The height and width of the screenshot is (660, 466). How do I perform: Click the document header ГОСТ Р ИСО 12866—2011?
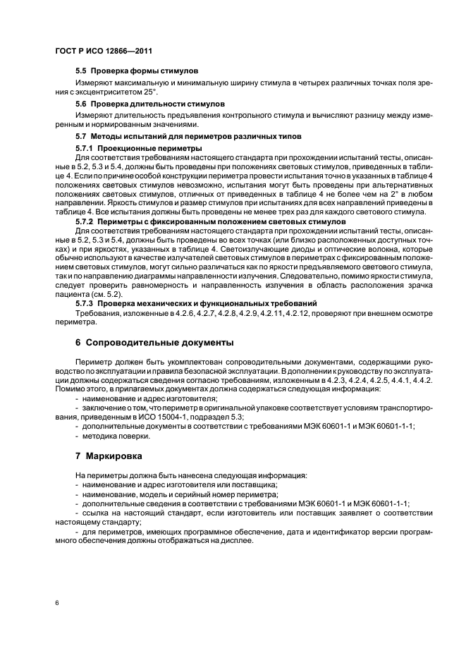[103, 52]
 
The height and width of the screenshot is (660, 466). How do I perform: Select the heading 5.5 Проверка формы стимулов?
[137, 72]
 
